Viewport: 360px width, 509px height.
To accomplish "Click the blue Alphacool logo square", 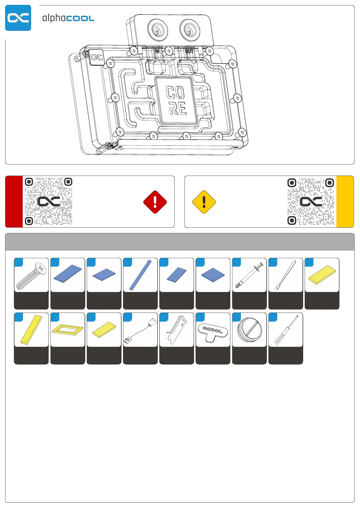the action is (18, 18).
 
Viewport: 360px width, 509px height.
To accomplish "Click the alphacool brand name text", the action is (68, 18).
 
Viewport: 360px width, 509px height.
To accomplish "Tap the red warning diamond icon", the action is (155, 202).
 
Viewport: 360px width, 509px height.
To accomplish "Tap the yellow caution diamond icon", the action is (204, 202).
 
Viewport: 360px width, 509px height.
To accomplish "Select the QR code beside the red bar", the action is (48, 201).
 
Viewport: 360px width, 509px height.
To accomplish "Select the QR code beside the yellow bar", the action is (311, 201).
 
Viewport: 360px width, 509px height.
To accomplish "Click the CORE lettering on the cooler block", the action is (176, 100).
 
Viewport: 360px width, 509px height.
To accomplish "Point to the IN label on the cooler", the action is (157, 51).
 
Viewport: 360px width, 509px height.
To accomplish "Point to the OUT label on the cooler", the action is (189, 51).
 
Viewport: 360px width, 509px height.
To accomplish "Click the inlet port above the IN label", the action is (157, 30).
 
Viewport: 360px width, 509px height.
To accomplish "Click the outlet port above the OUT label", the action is (190, 30).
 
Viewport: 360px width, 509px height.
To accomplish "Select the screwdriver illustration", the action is (286, 330).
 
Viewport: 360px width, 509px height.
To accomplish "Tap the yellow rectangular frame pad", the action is (68, 329).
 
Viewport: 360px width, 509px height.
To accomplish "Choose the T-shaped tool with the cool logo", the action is (213, 331).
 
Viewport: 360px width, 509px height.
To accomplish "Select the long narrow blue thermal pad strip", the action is (140, 275).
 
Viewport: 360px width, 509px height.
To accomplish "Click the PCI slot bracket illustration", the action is (177, 330).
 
